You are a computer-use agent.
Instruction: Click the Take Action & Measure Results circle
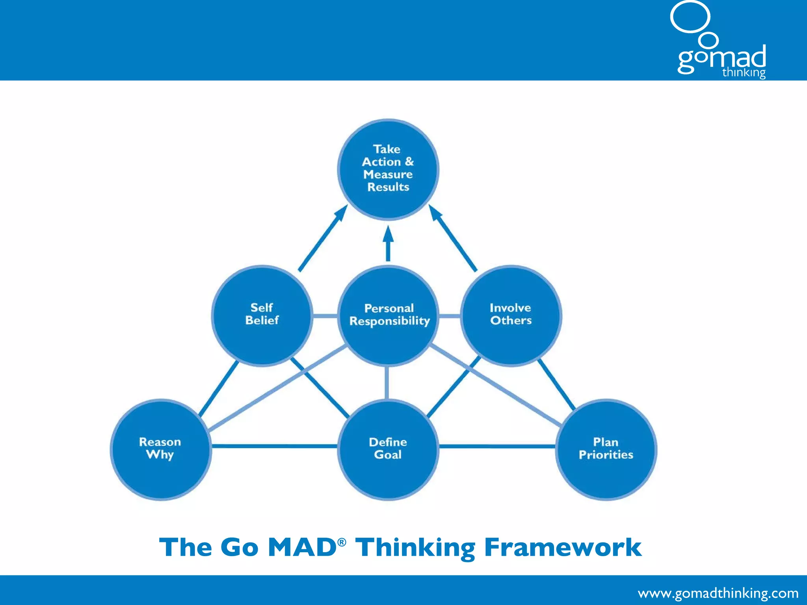point(388,169)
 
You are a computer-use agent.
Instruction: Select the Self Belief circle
point(262,315)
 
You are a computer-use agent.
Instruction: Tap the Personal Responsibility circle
point(388,315)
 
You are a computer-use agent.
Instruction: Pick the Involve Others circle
point(511,315)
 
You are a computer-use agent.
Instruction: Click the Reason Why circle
point(160,449)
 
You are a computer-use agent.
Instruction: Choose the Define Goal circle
point(388,449)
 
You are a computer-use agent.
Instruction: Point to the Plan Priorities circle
point(606,449)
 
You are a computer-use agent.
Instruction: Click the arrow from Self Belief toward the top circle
point(322,239)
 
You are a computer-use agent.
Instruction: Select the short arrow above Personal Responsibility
point(388,244)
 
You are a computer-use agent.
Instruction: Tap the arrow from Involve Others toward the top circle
point(453,239)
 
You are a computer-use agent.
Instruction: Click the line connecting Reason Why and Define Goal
point(274,446)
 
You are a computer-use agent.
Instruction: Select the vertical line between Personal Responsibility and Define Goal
point(387,382)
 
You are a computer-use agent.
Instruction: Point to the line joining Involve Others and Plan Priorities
point(556,384)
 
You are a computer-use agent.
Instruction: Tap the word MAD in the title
point(301,547)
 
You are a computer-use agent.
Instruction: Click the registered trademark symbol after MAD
point(342,542)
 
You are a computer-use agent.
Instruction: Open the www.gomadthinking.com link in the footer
point(718,593)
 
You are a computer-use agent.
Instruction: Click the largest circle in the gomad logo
point(690,17)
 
